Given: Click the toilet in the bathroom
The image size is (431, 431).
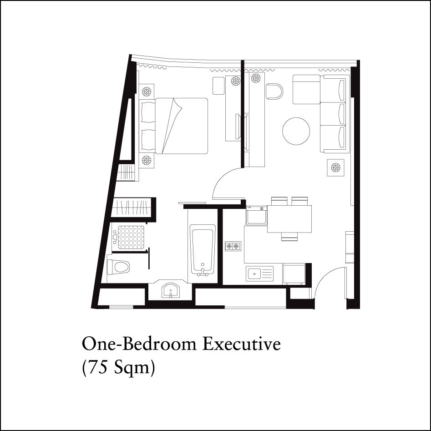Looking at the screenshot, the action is point(118,267).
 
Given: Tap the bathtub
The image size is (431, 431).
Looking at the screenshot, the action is point(203,250).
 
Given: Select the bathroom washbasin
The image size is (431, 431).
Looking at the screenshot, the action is point(171,291).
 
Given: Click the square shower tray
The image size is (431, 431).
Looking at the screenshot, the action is point(131,237).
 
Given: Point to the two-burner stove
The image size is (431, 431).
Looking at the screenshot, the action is point(233,246).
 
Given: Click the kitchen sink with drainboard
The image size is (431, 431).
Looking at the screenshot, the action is point(260,274).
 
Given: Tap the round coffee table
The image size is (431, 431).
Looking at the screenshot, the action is point(296,131).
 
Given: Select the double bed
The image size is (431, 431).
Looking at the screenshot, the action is point(174,126).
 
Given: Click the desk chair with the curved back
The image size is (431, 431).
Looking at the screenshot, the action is point(274,91).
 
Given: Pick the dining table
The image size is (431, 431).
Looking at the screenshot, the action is point(289,219).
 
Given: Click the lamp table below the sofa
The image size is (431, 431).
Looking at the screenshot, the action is point(335,167).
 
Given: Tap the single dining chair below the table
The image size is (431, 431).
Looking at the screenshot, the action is point(289,236).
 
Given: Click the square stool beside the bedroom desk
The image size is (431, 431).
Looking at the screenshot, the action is point(218,86).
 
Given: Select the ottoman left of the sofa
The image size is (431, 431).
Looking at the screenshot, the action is point(306,89).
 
